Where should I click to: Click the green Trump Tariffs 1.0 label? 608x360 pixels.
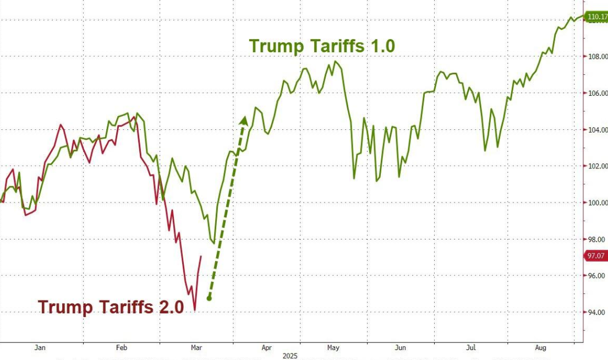pos(322,46)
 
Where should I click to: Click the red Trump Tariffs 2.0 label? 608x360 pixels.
pos(111,307)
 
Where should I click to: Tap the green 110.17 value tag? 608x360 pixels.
pos(596,17)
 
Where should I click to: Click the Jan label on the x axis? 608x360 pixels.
pos(40,348)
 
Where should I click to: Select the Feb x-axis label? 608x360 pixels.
pos(122,348)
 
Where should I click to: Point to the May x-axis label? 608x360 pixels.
pos(333,348)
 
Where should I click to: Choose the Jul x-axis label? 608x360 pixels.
pos(471,348)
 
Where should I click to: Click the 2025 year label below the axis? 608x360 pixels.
pos(289,356)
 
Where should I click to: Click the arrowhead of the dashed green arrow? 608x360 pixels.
pos(244,119)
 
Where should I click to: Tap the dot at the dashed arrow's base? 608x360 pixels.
pos(209,298)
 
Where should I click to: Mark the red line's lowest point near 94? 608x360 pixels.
pos(195,310)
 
